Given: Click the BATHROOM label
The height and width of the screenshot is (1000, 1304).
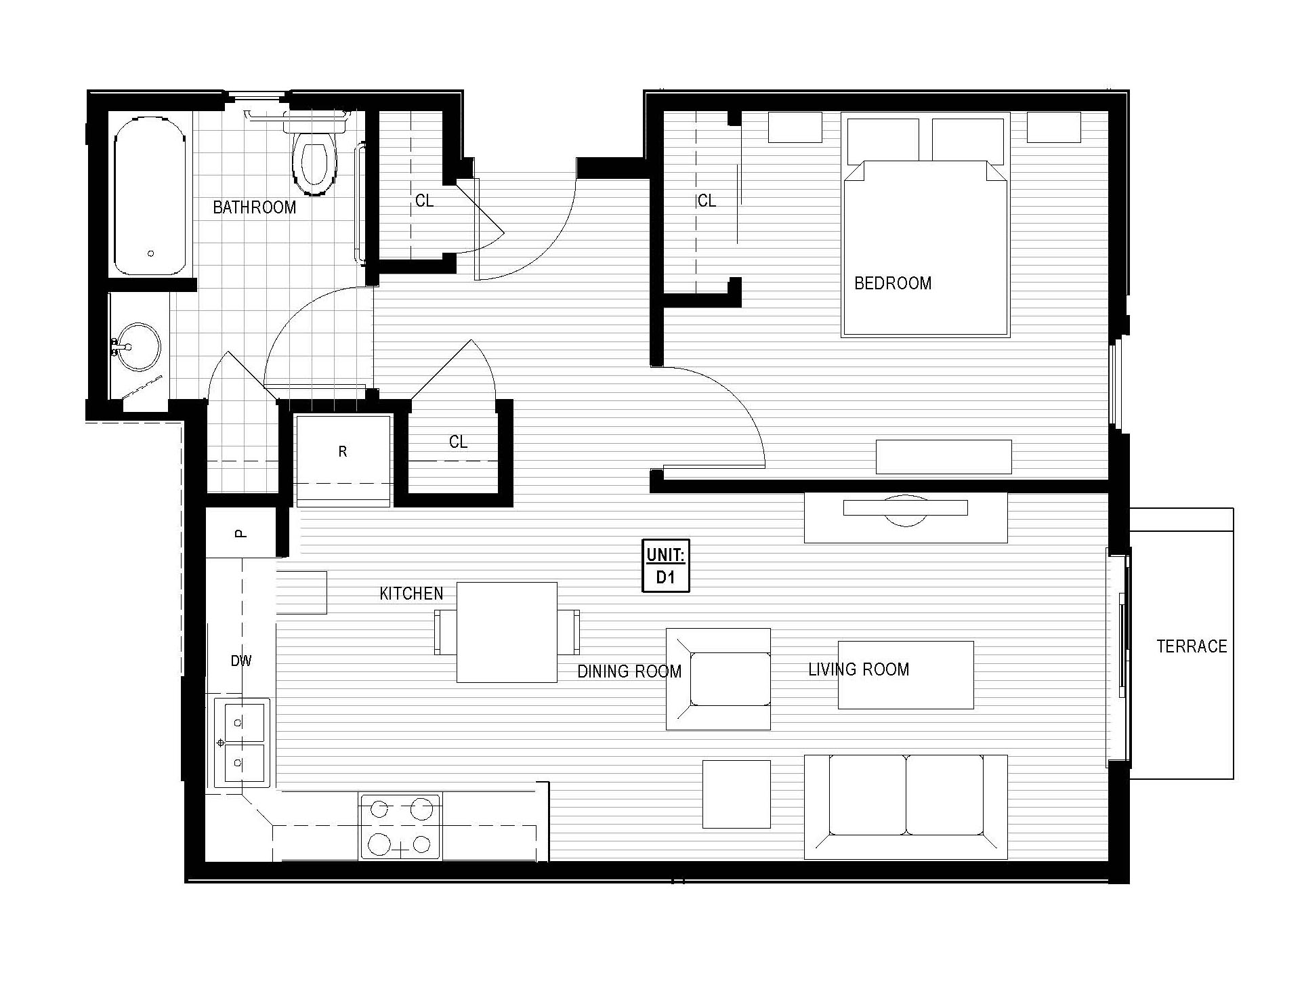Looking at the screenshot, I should click(255, 207).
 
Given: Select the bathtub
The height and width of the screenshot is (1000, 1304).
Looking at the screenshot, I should click(150, 196).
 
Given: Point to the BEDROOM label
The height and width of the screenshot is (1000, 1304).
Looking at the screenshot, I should click(893, 283).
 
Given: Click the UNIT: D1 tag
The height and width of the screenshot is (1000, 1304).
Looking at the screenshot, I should click(666, 566).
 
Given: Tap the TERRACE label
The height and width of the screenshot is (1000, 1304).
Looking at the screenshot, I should click(1192, 646).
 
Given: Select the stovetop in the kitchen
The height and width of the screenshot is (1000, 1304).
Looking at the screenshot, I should click(400, 827).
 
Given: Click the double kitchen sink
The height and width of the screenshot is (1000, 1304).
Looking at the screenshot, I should click(242, 743).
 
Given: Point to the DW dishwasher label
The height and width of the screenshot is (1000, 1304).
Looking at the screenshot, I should click(241, 661).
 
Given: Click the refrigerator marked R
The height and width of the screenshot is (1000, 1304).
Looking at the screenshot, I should click(343, 453).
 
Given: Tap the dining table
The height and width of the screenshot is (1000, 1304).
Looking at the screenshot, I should click(507, 632).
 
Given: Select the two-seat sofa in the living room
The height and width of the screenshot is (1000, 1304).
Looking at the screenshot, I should click(906, 806).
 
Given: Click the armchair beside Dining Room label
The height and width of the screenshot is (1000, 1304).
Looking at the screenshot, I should click(719, 679).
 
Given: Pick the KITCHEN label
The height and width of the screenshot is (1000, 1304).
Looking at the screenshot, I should click(411, 594).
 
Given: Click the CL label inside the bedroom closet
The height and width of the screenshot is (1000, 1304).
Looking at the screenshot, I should click(707, 201).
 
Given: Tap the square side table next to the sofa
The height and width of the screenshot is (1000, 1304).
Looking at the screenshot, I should click(736, 794).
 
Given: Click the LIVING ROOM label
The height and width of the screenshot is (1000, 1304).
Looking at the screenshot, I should click(858, 670).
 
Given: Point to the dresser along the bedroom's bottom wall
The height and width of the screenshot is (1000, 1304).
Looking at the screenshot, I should click(944, 457).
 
